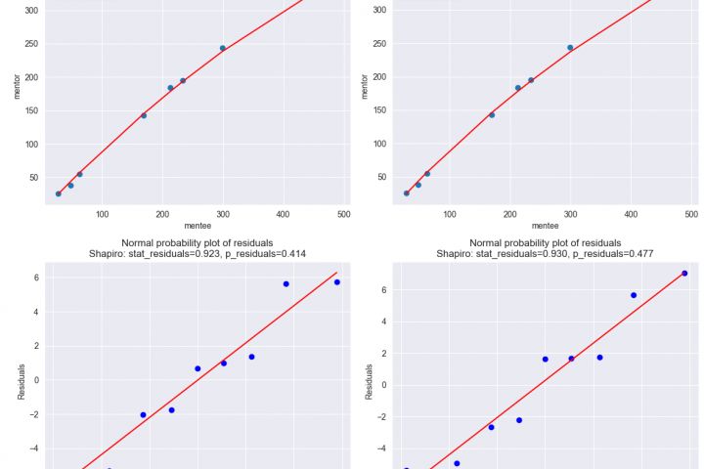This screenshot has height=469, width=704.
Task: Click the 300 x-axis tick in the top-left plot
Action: (223, 214)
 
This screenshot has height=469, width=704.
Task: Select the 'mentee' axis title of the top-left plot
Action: (198, 226)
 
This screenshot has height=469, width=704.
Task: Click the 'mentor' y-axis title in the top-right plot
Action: (365, 86)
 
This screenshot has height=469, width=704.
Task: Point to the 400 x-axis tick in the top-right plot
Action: (631, 214)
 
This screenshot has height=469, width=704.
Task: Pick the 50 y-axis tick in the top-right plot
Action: (380, 177)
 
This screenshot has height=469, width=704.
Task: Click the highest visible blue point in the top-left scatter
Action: (223, 48)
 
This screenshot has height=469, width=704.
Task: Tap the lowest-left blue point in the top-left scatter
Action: (59, 193)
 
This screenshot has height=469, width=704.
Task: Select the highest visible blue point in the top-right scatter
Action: (570, 47)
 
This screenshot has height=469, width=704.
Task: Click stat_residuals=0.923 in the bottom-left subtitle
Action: (171, 254)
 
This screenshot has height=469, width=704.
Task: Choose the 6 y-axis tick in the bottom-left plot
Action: (35, 278)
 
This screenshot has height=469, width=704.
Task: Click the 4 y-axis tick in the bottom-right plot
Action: (384, 321)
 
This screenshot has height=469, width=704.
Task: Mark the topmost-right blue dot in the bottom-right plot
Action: (684, 274)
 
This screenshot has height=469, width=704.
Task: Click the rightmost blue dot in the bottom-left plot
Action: (336, 282)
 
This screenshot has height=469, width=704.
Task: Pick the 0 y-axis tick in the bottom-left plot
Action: (35, 380)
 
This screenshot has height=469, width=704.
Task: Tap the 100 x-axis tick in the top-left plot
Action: (103, 214)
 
